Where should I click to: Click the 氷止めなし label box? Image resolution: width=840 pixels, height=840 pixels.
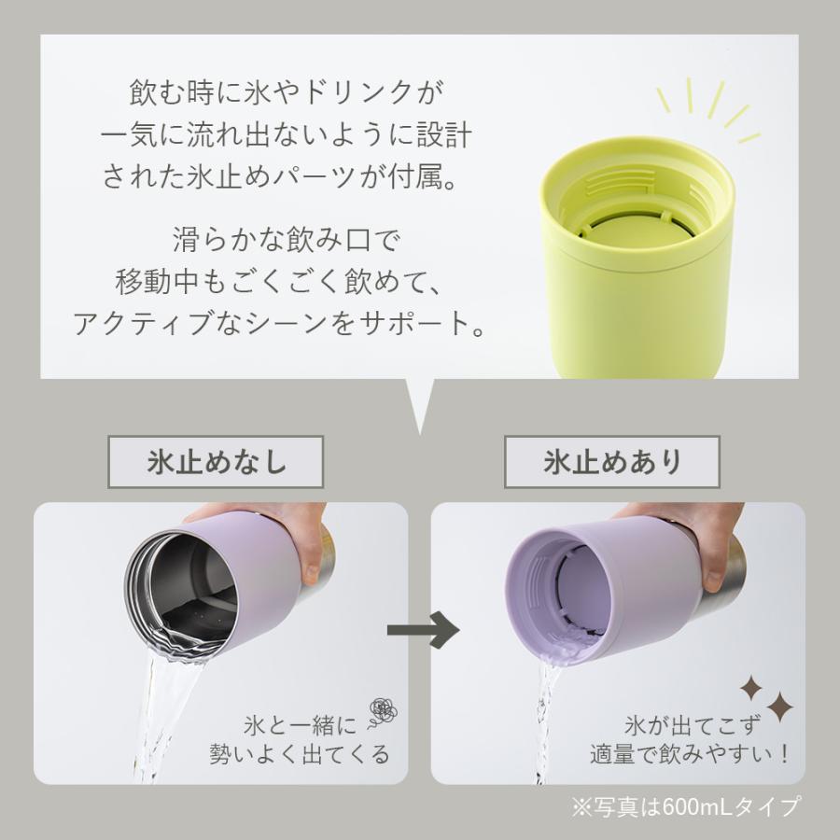[217, 461]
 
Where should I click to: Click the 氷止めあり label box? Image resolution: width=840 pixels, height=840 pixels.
[611, 461]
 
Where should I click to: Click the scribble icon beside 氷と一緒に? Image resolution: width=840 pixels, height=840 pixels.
[383, 712]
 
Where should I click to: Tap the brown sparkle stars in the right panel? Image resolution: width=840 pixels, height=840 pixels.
[766, 695]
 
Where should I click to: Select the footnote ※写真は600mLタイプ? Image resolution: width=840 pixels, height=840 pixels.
[685, 805]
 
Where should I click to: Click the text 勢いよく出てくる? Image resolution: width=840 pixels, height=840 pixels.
[299, 753]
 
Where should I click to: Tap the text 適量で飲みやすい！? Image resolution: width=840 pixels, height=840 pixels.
[690, 753]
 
